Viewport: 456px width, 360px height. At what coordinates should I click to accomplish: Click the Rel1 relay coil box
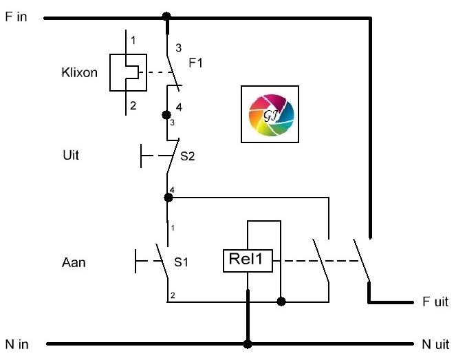pyautogui.click(x=248, y=261)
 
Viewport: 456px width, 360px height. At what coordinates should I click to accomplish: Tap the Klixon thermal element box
pyautogui.click(x=128, y=72)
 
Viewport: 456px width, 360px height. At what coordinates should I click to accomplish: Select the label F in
pyautogui.click(x=17, y=17)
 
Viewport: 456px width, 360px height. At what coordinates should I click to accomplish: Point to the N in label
pyautogui.click(x=17, y=344)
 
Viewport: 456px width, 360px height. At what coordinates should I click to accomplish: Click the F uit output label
pyautogui.click(x=435, y=301)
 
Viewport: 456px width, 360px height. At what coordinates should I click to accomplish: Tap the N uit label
pyautogui.click(x=435, y=344)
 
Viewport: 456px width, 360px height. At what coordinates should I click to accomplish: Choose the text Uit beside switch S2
pyautogui.click(x=71, y=155)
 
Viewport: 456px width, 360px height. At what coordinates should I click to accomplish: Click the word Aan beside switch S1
pyautogui.click(x=74, y=262)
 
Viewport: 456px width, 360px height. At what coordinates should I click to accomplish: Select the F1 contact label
pyautogui.click(x=195, y=63)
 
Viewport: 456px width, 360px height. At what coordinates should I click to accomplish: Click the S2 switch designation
pyautogui.click(x=188, y=156)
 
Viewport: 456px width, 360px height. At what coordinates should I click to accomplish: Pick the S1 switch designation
pyautogui.click(x=181, y=262)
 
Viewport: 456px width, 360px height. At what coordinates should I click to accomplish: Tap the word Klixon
pyautogui.click(x=79, y=72)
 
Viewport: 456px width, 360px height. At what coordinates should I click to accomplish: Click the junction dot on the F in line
pyautogui.click(x=166, y=16)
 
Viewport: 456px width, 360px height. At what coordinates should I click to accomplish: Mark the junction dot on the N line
pyautogui.click(x=248, y=344)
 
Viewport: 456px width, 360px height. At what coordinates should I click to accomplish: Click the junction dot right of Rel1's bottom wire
pyautogui.click(x=281, y=301)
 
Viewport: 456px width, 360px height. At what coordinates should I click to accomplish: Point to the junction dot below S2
pyautogui.click(x=168, y=198)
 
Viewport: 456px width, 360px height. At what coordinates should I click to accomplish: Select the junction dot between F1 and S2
pyautogui.click(x=166, y=115)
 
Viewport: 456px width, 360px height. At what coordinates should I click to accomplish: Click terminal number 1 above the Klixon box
pyautogui.click(x=133, y=40)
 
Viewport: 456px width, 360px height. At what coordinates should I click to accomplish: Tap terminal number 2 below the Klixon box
pyautogui.click(x=133, y=105)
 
